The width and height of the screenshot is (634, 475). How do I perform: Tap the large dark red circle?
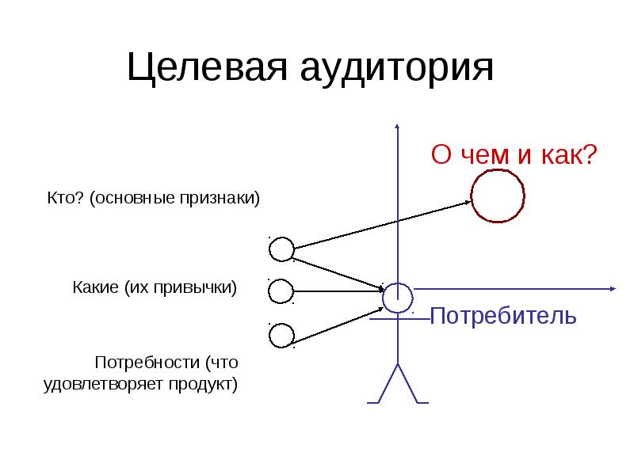click(x=498, y=196)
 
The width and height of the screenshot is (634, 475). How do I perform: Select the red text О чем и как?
click(x=513, y=154)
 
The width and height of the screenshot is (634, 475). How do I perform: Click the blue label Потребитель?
click(x=502, y=317)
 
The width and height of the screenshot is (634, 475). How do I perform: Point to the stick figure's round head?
click(x=398, y=298)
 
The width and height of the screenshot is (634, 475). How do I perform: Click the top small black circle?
click(x=281, y=250)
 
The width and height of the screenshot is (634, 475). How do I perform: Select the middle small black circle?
click(x=281, y=292)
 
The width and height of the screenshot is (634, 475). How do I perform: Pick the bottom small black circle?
click(x=281, y=336)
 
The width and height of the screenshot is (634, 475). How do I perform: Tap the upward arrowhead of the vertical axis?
click(x=398, y=127)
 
